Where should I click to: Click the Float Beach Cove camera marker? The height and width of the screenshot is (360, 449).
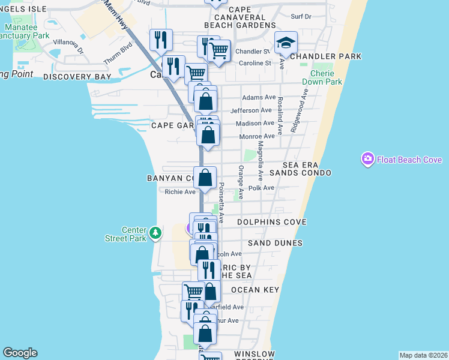pos(367,159)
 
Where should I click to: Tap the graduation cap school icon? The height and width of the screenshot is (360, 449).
pos(286,43)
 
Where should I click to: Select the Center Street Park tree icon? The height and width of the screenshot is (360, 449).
pos(155,232)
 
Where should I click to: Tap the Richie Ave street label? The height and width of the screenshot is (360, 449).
pos(181,192)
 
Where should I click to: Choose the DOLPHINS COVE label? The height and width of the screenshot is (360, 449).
pos(272,222)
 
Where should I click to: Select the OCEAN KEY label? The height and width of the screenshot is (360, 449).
pos(255,290)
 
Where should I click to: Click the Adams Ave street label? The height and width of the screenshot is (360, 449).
pos(259,97)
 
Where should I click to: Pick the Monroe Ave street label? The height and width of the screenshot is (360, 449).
pos(258,136)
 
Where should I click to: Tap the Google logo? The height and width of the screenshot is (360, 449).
pos(20,353)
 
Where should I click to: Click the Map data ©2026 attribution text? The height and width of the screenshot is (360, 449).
pos(423,355)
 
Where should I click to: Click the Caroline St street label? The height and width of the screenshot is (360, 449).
pos(256,63)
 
